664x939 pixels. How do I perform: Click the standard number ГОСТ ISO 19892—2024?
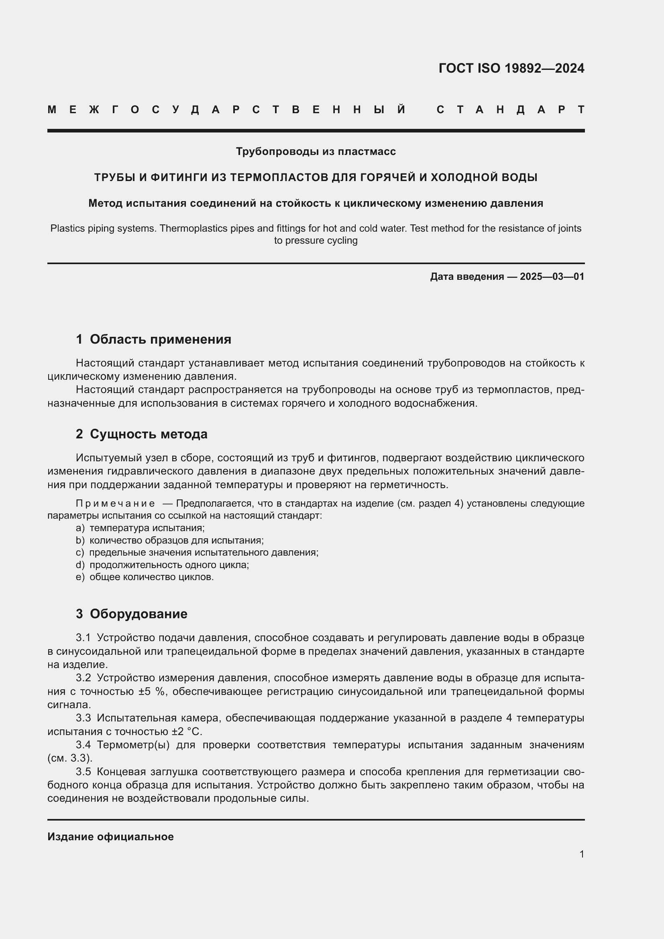click(511, 68)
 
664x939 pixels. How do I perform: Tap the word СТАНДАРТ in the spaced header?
click(511, 110)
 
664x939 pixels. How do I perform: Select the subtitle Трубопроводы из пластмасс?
click(316, 152)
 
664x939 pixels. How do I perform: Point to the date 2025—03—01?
click(552, 277)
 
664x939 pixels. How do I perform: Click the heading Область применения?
click(160, 340)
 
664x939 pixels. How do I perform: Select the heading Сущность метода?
click(149, 434)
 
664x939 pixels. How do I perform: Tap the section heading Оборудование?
click(139, 613)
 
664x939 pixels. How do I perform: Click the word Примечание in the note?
click(115, 503)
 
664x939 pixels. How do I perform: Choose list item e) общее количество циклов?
click(145, 577)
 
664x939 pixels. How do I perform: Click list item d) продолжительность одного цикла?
click(162, 565)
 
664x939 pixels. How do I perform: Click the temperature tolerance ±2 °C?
click(187, 731)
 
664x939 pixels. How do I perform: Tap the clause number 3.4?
click(83, 745)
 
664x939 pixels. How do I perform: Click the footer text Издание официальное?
click(110, 837)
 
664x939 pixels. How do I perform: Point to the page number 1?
click(581, 854)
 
